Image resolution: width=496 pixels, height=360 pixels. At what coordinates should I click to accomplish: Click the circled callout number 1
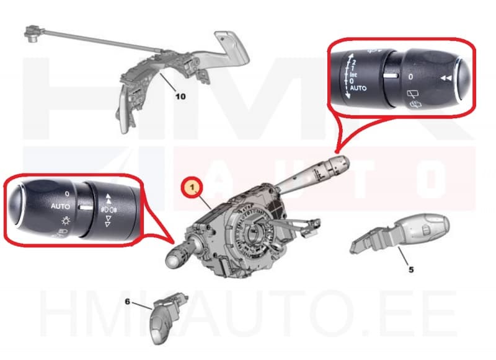192,186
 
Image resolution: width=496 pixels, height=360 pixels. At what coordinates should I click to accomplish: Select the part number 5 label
410,270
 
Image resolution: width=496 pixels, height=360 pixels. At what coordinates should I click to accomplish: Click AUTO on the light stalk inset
61,205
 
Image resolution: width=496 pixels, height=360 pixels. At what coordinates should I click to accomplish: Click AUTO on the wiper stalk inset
358,89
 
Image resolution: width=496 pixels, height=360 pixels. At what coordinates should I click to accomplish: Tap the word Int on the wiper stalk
353,74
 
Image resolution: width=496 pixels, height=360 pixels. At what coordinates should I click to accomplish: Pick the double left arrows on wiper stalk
445,79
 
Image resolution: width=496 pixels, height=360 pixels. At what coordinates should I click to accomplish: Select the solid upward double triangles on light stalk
109,198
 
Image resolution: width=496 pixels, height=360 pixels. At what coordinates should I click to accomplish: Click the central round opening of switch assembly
254,235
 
